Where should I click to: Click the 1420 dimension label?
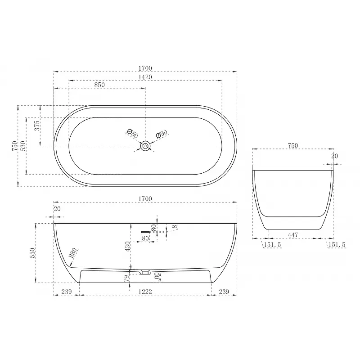tap(145, 77)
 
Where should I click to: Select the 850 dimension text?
tap(99, 85)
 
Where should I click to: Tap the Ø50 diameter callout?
tap(132, 134)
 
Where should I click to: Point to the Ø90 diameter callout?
tap(162, 134)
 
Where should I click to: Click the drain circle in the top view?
tap(145, 146)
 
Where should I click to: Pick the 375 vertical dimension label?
tap(37, 126)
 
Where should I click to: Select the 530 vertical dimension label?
tap(23, 146)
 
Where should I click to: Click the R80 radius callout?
tap(73, 253)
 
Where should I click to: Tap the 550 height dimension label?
tap(32, 253)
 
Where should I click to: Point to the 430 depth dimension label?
tap(127, 246)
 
